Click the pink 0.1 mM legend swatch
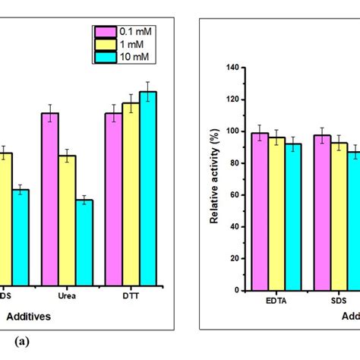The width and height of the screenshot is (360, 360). (x=105, y=31)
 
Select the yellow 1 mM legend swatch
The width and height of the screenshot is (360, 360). (x=105, y=43)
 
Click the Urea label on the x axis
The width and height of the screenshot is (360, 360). (x=67, y=296)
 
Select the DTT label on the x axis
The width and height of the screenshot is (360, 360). (x=131, y=296)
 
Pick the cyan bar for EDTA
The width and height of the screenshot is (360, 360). (x=293, y=216)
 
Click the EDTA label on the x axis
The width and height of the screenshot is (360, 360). (x=276, y=301)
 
